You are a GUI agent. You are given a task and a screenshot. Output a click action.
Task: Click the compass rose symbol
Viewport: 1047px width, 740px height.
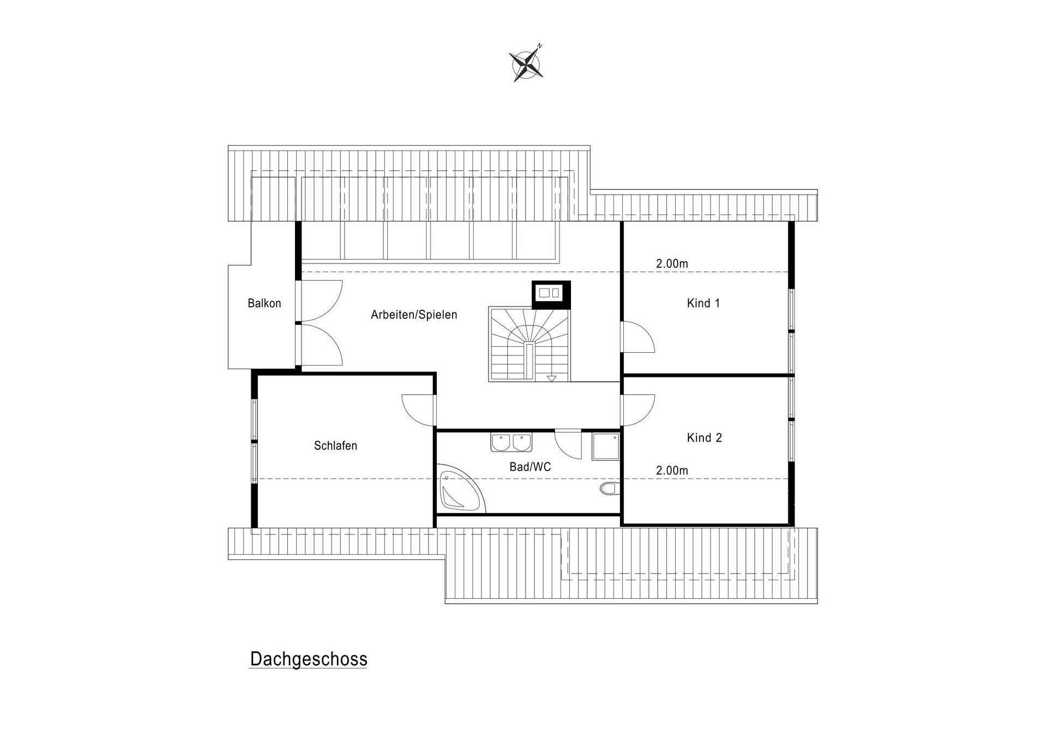pos(526,64)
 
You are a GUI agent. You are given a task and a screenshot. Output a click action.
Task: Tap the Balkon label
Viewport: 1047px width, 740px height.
pos(264,303)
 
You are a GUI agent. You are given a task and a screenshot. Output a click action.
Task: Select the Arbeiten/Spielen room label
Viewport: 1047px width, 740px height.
pos(414,315)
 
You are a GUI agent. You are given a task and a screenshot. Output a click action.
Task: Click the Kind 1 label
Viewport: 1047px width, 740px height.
pos(703,303)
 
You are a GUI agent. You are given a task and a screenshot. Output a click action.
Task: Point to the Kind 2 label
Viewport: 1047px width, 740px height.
pos(704,438)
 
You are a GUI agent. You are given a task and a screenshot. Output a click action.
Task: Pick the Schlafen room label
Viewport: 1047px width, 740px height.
pos(335,446)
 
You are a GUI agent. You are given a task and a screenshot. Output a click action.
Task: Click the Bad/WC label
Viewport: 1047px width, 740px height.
pos(530,467)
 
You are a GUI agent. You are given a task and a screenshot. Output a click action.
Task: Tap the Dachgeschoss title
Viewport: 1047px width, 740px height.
pos(308,659)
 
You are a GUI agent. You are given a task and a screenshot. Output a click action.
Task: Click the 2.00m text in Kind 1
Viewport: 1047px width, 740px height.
pos(672,264)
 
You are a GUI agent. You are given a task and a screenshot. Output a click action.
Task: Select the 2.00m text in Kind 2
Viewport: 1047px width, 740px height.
pos(672,471)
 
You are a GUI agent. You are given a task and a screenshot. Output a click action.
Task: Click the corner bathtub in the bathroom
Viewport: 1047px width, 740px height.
pos(459,492)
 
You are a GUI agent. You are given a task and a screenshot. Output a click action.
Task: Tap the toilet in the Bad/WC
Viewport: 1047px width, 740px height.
pos(608,488)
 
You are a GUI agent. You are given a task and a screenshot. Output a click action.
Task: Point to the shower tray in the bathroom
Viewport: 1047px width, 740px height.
pos(605,447)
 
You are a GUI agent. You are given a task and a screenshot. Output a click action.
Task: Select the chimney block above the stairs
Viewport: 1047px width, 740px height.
pos(551,294)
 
